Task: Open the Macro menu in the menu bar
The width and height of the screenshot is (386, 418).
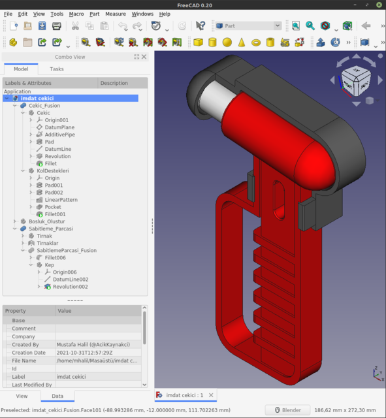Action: click(76, 14)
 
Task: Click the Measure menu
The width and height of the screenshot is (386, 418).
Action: click(116, 14)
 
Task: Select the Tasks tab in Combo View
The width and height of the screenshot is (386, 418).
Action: click(57, 69)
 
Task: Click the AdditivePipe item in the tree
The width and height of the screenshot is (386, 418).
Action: click(59, 135)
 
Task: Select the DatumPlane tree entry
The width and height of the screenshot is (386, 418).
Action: click(59, 127)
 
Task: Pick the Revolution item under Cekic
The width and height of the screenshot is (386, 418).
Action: click(57, 156)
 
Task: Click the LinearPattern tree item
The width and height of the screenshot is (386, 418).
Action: click(61, 200)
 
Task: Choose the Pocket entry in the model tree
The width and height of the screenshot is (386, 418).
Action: click(53, 207)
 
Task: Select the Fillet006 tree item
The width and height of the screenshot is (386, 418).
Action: click(55, 257)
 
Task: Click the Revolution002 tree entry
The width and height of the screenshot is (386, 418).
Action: click(70, 287)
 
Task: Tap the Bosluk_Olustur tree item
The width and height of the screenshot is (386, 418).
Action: click(46, 221)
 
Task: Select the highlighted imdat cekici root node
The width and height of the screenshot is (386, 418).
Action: click(42, 99)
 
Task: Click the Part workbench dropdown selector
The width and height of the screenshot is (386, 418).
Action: click(248, 25)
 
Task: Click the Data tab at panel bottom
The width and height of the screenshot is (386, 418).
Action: click(57, 396)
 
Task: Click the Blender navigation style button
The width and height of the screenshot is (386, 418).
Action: click(287, 410)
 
